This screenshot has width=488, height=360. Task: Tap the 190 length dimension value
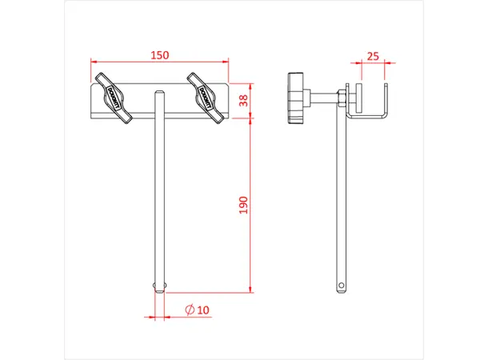click(x=244, y=206)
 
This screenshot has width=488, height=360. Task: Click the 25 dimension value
click(x=372, y=55)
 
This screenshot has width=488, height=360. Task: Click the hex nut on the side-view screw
click(x=341, y=98)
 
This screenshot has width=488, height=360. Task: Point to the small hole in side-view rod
click(x=342, y=284)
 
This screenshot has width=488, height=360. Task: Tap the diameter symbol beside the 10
click(x=189, y=309)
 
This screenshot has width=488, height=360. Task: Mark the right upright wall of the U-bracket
click(x=386, y=100)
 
